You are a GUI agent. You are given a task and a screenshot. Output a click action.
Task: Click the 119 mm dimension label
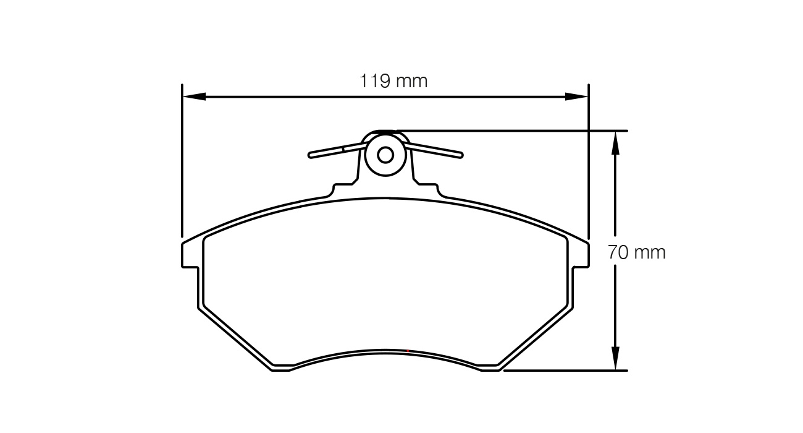click(393, 81)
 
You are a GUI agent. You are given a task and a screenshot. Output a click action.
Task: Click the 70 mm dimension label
click(637, 252)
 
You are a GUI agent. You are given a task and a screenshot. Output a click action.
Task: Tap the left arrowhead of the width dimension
click(194, 96)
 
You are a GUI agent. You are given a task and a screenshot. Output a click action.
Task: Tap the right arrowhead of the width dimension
click(576, 96)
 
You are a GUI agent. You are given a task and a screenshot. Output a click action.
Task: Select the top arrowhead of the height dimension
click(615, 143)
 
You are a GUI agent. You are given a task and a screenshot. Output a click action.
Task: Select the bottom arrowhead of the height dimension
click(615, 358)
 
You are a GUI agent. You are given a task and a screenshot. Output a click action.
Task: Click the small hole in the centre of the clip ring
click(385, 155)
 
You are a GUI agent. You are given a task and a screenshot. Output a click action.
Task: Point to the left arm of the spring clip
click(338, 150)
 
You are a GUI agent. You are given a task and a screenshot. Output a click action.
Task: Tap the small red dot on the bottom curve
click(408, 351)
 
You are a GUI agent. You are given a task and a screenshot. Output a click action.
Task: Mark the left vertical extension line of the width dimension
click(182, 161)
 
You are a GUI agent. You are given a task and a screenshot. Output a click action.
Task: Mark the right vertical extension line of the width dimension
click(589, 161)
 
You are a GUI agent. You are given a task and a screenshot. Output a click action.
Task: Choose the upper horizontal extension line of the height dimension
click(502, 131)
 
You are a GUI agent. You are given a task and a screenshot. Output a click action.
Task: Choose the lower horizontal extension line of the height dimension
click(566, 370)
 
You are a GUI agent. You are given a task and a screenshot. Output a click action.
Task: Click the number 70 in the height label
click(618, 252)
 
